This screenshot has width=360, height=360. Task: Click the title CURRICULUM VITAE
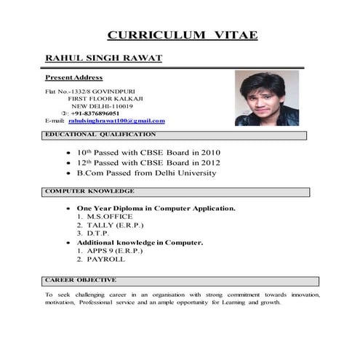[182, 35]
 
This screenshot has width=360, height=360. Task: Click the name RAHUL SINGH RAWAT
[103, 57]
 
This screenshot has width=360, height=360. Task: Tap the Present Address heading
[73, 77]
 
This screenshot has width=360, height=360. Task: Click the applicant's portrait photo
[266, 98]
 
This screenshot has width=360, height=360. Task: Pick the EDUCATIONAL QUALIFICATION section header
[100, 135]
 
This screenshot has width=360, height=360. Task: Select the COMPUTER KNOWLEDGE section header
[89, 191]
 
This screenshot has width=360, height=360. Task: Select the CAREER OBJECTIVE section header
[80, 280]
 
